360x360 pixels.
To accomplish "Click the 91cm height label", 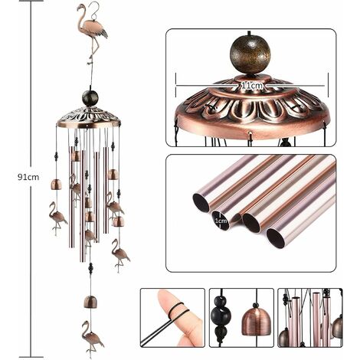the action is pos(28,177).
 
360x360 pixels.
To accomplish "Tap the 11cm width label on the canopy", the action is pos(252,86).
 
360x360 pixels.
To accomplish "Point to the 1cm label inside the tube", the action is pos(221,221).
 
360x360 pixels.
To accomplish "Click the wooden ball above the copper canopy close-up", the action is pos(250,55).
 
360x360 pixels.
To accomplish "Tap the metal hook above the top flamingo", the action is pos(94,9).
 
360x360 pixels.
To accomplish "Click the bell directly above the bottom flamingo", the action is pos(90,302).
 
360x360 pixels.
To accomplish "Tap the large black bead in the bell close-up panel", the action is pos(221,316).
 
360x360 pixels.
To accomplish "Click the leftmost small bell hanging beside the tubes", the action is pos(56,185).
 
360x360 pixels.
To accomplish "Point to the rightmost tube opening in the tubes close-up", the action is pos(276,238).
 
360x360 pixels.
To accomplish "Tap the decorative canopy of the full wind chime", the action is pos(88,118).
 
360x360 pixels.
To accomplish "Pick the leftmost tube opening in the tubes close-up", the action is pos(201,203).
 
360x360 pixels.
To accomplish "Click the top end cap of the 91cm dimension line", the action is pos(31,1).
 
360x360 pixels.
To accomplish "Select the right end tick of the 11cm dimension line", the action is pos(328,85).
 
